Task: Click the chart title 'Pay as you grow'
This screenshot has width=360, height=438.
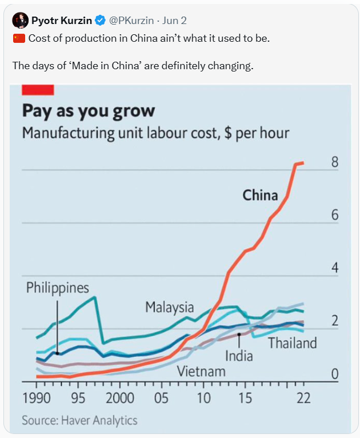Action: click(88, 110)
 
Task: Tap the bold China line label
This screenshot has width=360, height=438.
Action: click(260, 195)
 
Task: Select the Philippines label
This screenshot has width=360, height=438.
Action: click(57, 287)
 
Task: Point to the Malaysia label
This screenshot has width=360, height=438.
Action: click(169, 307)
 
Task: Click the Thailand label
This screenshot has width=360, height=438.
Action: click(292, 343)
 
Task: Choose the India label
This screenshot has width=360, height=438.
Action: click(239, 356)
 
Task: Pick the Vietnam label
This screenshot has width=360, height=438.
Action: click(201, 371)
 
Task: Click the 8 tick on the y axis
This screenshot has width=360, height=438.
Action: click(335, 162)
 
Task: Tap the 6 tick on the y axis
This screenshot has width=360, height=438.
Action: click(335, 215)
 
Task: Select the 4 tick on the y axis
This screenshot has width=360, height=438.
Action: click(335, 268)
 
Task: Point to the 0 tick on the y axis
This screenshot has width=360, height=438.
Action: click(335, 375)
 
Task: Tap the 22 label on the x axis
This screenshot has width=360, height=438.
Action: click(303, 398)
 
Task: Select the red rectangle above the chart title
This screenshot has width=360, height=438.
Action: click(38, 89)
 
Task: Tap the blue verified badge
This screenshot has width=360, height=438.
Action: click(100, 21)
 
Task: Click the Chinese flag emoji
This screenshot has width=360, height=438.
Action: click(19, 39)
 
